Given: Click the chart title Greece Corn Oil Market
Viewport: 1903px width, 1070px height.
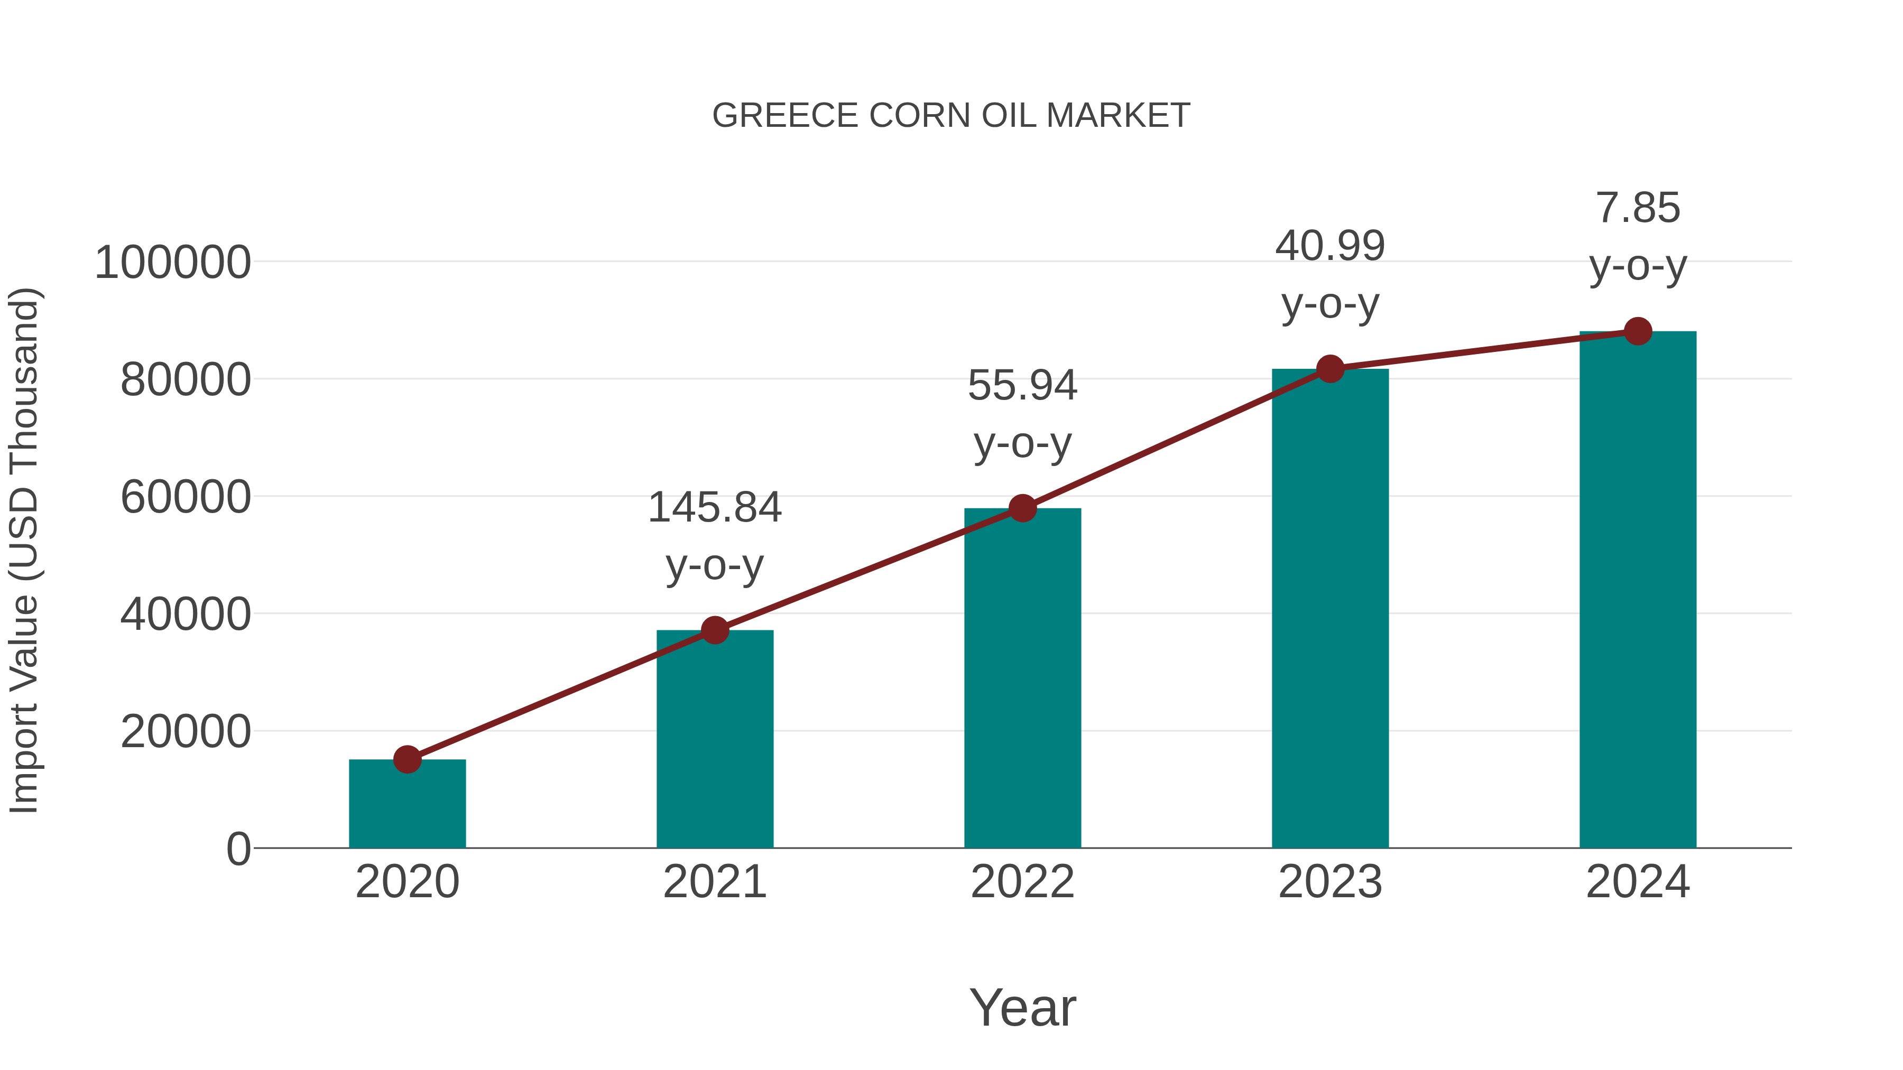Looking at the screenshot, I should [x=951, y=115].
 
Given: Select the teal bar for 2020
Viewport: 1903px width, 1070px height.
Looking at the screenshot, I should [x=407, y=805].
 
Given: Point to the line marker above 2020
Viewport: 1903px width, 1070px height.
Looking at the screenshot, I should [x=407, y=759].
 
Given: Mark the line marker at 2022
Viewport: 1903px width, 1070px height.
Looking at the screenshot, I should [x=1022, y=508].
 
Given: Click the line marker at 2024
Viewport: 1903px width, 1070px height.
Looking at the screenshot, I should [x=1638, y=331].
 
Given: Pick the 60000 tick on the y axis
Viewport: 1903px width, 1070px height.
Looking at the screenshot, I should [x=186, y=497].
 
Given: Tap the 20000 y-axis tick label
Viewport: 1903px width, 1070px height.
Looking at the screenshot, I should [x=186, y=732].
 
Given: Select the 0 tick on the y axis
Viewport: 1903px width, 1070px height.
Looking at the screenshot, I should [x=238, y=849].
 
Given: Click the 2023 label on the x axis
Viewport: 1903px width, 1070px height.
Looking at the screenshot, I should [x=1330, y=882].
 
